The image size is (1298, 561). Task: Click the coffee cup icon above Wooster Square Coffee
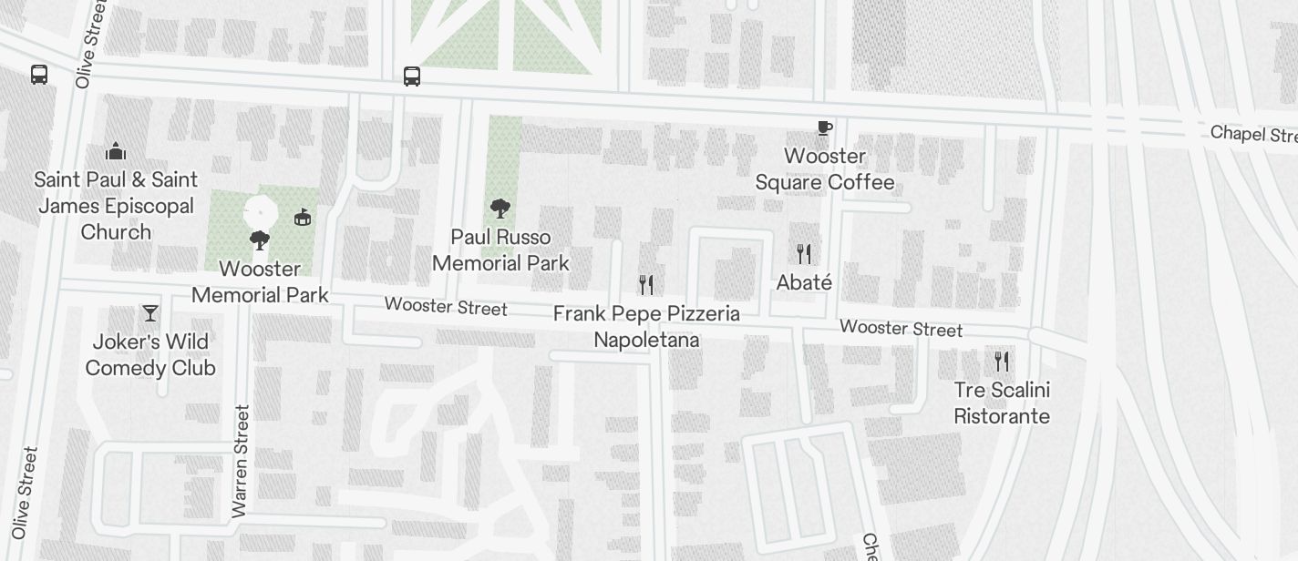click(824, 128)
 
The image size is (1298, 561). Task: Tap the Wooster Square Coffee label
click(824, 169)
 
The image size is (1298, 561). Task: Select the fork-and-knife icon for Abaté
click(804, 253)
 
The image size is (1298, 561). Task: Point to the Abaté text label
click(804, 283)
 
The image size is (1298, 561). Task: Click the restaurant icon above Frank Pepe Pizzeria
click(646, 285)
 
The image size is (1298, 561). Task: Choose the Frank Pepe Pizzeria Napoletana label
click(646, 327)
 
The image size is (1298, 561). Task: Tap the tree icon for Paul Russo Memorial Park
click(500, 209)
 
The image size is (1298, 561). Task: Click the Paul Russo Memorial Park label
click(500, 250)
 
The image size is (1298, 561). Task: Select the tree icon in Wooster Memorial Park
click(260, 240)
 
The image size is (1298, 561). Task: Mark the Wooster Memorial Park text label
click(260, 282)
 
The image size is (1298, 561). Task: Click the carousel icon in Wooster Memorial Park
click(303, 217)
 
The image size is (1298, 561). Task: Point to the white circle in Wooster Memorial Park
click(260, 212)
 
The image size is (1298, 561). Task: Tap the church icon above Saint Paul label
click(116, 150)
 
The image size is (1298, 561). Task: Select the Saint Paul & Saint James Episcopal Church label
click(116, 206)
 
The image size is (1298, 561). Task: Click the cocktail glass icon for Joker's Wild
click(150, 313)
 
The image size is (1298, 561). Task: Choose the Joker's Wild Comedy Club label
click(150, 355)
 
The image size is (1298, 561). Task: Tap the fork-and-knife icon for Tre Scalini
click(1002, 362)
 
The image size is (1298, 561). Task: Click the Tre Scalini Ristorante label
click(1002, 403)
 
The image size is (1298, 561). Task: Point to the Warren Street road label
click(241, 461)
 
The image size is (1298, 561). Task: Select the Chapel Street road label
click(1252, 134)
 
